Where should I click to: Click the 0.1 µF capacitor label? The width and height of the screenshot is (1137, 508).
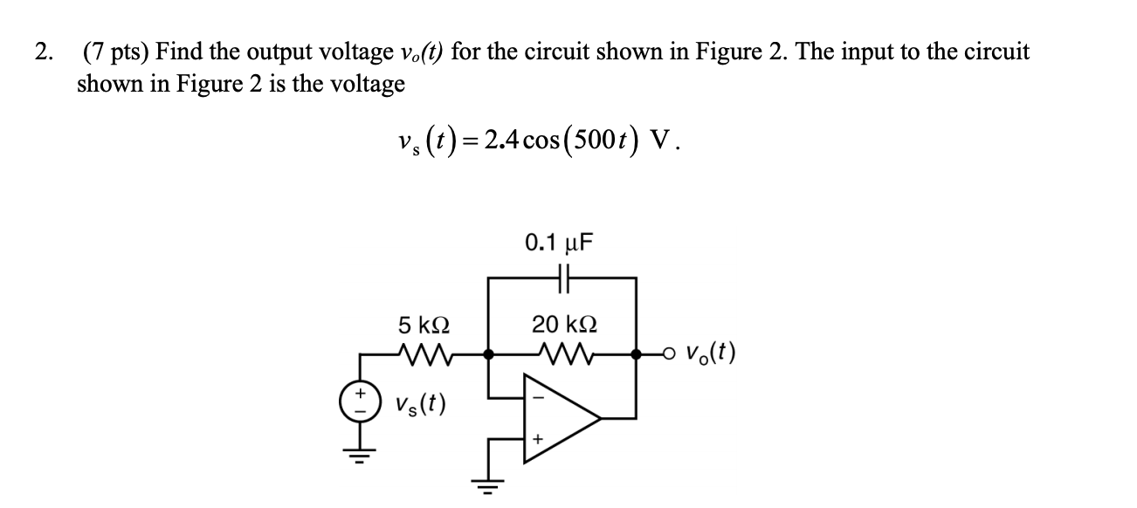point(559,242)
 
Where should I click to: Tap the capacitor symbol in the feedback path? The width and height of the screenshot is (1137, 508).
point(562,279)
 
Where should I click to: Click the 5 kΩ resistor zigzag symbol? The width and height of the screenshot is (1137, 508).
point(424,354)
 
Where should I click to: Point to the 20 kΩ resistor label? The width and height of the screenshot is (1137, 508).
point(563,326)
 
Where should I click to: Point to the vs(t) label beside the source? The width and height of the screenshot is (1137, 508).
point(420,403)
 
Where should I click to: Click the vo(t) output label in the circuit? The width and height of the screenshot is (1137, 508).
point(710,354)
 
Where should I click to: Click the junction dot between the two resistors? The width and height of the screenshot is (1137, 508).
point(489,354)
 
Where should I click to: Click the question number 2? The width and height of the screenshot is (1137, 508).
point(42,52)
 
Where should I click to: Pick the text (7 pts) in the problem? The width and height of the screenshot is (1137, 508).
point(117,52)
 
